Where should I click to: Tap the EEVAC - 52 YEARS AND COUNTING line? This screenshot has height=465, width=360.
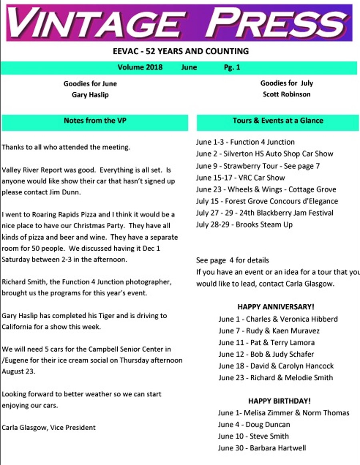pos(181,51)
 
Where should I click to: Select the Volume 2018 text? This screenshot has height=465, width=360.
pos(140,67)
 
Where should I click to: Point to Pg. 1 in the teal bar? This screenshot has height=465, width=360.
pos(232,67)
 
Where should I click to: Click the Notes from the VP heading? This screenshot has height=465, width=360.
pos(95,120)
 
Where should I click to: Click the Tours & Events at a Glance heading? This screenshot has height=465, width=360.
pos(278,120)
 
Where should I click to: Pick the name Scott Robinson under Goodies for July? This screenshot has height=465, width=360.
pos(286,95)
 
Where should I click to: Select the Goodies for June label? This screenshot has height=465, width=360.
pos(90,84)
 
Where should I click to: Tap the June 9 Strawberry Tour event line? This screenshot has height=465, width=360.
pos(258,166)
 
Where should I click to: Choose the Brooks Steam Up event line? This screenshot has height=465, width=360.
pos(244,224)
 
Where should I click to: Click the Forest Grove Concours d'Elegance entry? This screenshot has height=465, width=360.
pos(267,201)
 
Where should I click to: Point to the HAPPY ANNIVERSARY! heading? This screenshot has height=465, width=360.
pos(276,307)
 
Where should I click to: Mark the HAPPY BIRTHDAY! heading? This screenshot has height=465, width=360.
pos(279,401)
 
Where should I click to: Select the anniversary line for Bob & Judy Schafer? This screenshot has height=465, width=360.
pos(266,354)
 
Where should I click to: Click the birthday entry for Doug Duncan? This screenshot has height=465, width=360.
pos(254,425)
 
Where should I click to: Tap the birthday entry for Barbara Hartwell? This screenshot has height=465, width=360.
pos(262,448)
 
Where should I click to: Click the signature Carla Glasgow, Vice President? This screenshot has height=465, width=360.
pos(48,428)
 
